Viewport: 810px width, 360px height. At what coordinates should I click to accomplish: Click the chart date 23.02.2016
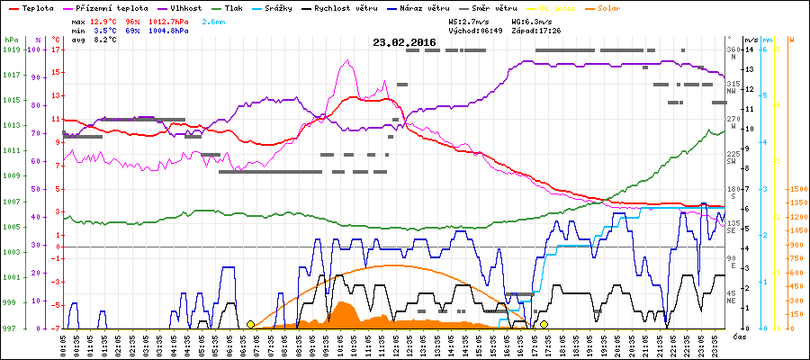(x=406, y=42)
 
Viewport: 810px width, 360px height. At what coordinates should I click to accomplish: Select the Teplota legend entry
(x=36, y=7)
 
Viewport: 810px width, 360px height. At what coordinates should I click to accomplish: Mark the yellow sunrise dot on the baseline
(x=250, y=324)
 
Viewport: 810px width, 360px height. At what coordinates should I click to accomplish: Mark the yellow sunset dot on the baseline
(x=544, y=324)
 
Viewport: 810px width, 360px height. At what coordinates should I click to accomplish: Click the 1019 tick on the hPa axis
(x=11, y=50)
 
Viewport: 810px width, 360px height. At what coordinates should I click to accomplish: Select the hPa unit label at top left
(x=11, y=40)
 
